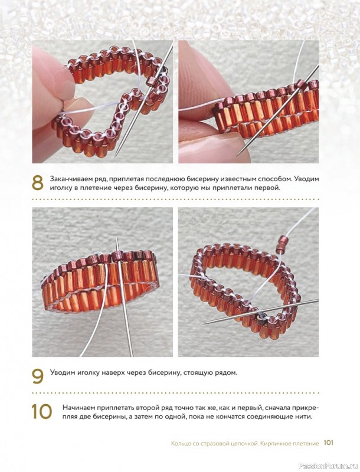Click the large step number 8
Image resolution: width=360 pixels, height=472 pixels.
point(37,182)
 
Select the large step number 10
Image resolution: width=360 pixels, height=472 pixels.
point(42,411)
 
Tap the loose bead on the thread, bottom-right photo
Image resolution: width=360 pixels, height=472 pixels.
point(283,241)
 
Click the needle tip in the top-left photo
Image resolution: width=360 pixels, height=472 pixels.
point(116,156)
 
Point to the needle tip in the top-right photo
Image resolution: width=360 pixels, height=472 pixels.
point(237,155)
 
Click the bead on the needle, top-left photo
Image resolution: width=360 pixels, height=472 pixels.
point(151,81)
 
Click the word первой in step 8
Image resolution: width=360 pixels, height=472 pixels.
point(267,189)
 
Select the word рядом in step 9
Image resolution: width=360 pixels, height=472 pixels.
point(227,373)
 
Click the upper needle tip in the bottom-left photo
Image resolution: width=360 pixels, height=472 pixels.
point(116,238)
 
